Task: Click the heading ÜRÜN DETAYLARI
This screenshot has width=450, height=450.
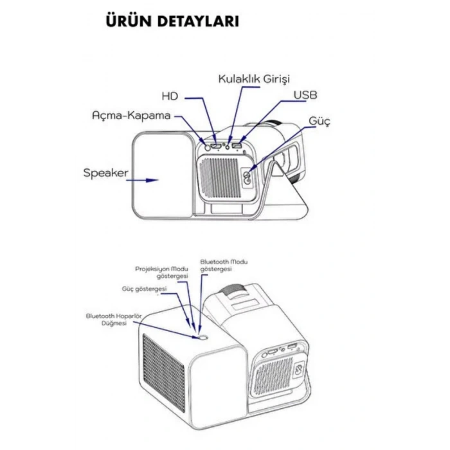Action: (x=172, y=21)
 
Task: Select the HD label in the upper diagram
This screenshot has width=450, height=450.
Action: (x=170, y=96)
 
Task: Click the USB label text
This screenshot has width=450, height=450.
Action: (x=305, y=95)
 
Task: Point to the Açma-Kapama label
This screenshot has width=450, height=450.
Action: (x=131, y=116)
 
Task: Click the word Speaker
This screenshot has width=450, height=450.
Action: (x=105, y=173)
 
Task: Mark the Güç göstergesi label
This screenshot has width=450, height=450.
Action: (x=144, y=289)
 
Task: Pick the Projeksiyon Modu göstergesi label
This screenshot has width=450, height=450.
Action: (x=162, y=272)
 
